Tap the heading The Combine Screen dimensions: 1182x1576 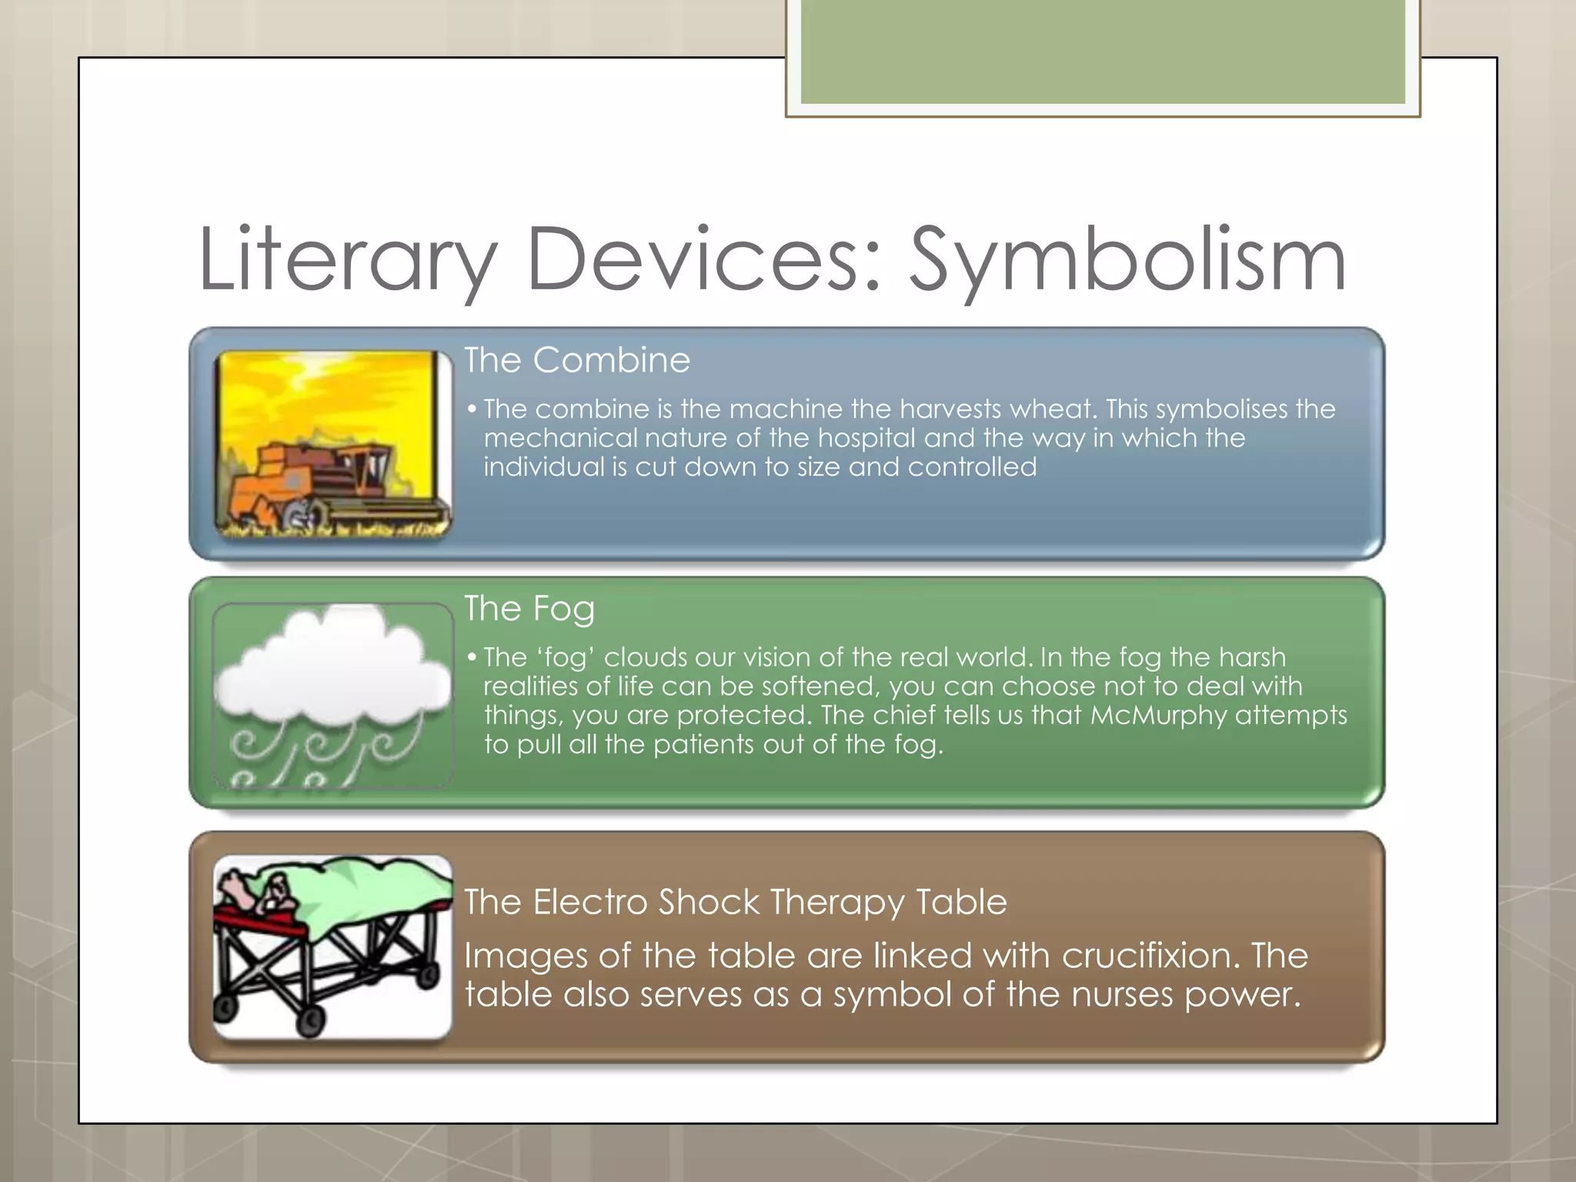click(577, 360)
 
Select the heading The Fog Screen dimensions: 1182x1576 click(529, 609)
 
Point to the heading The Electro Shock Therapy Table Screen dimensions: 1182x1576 click(735, 902)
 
